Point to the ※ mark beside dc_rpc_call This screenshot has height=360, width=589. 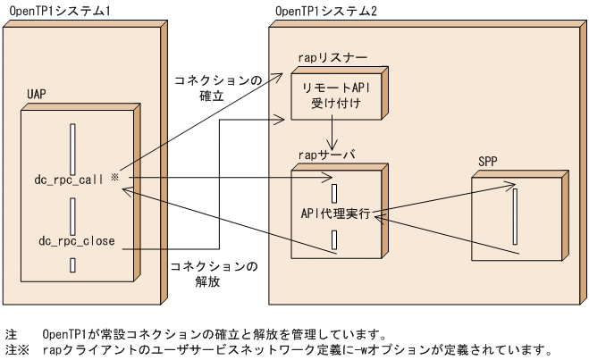[115, 179]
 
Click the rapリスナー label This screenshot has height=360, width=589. [326, 56]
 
